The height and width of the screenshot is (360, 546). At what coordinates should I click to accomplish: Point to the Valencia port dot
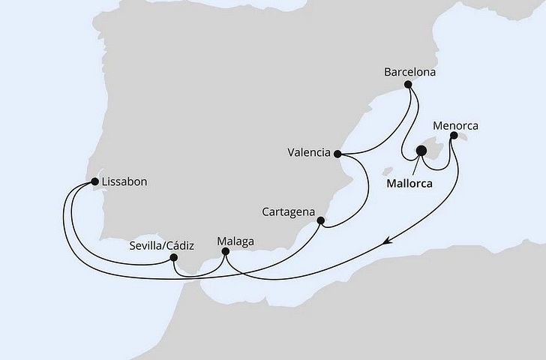point(337,154)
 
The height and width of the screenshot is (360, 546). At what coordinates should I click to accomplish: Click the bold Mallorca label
point(412,181)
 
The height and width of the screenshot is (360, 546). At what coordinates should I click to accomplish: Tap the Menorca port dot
point(452,137)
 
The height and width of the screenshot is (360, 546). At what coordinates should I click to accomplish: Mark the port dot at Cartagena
point(321,221)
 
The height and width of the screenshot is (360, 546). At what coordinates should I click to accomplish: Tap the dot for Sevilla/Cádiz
point(173,258)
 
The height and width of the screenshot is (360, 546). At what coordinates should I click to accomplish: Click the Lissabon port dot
point(94,181)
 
